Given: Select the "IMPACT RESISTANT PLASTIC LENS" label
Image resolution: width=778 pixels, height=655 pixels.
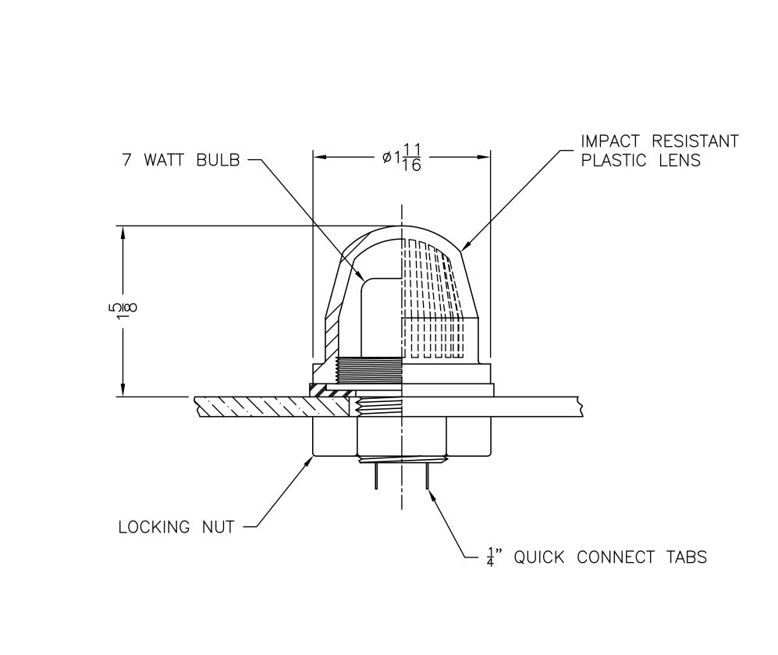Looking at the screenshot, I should coord(659,151).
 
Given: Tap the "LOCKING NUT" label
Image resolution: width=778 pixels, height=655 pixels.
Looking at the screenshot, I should coord(176,528).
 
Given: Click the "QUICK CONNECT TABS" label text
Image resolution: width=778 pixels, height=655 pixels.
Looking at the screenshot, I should coord(609,557).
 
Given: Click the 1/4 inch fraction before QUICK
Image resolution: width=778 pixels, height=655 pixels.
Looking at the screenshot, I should coord(490,557).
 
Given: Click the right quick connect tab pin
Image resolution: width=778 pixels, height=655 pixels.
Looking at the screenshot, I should coord(427,475).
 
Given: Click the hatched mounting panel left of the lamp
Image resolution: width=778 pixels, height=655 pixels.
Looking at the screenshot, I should coord(250,406).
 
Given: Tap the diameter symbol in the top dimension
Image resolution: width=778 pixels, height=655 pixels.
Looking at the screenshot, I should coord(387,158).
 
